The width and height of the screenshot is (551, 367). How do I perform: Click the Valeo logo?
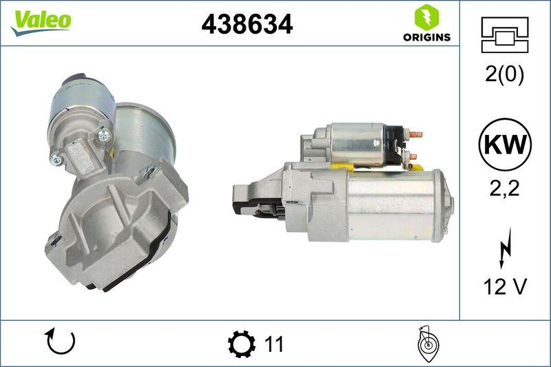[x=40, y=21]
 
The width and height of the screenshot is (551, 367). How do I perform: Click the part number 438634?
[x=247, y=24]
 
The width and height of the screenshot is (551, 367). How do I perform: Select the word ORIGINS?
[x=426, y=37]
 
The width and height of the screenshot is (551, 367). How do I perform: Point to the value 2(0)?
[x=504, y=75]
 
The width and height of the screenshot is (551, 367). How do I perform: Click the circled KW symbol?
[x=504, y=145]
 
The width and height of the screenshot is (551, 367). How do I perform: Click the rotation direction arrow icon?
[x=60, y=342]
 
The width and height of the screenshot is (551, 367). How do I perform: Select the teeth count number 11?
[x=273, y=344]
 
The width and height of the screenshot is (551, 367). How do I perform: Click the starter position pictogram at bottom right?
[x=428, y=344]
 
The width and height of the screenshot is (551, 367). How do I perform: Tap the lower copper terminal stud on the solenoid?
[x=413, y=156]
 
